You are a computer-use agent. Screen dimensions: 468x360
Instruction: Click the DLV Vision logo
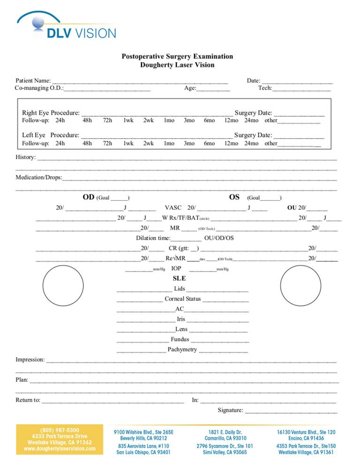tap(66, 26)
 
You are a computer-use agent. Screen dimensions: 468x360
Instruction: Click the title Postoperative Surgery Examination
tap(177, 56)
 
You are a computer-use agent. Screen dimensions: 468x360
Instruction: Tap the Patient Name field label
tap(33, 81)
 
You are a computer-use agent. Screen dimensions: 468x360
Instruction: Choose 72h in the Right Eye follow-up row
tap(107, 121)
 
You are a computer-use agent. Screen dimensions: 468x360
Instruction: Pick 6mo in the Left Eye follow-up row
tap(209, 143)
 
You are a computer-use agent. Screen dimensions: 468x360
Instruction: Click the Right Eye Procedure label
tap(51, 113)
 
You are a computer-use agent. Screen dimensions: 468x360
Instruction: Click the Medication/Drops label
tap(38, 178)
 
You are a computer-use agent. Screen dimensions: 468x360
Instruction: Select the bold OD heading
tap(88, 197)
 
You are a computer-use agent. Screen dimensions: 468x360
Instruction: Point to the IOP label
tap(176, 269)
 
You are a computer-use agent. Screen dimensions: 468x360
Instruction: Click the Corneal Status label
tap(183, 299)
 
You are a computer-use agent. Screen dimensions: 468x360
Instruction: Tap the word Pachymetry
tap(182, 349)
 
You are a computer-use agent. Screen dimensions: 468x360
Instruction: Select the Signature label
tap(230, 411)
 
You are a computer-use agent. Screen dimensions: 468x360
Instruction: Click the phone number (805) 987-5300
tap(60, 430)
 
